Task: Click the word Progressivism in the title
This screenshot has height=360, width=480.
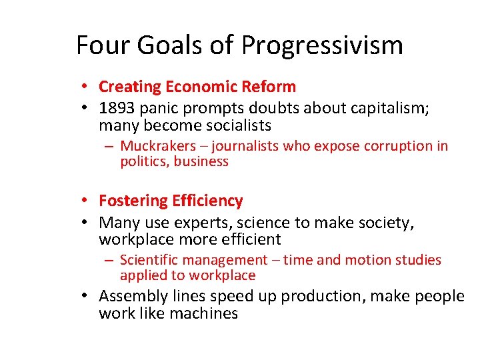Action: pyautogui.click(x=322, y=46)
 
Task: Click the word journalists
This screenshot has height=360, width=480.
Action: pyautogui.click(x=245, y=146)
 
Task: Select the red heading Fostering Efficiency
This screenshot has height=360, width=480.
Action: pyautogui.click(x=171, y=201)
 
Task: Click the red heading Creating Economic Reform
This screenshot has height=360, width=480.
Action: pyautogui.click(x=197, y=87)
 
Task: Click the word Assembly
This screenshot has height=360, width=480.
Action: pyautogui.click(x=135, y=296)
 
